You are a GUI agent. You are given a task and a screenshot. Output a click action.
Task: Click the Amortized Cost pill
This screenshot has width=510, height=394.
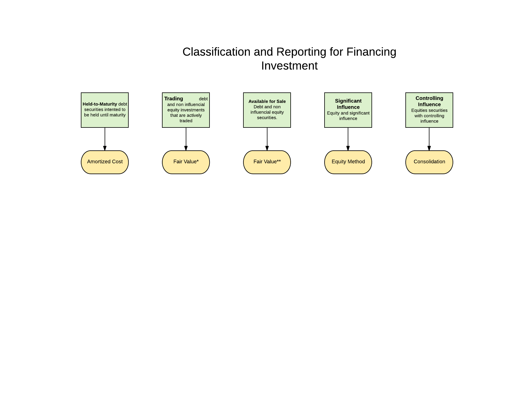[x=105, y=162]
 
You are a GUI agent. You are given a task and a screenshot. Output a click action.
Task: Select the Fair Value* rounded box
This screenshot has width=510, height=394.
[x=186, y=162]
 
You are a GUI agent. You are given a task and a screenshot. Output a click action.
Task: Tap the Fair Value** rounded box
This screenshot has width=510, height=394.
[x=267, y=162]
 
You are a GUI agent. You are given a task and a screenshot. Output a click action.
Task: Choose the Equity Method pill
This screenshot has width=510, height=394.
[x=348, y=162]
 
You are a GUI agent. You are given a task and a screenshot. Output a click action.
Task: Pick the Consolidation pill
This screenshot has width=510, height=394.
[x=429, y=162]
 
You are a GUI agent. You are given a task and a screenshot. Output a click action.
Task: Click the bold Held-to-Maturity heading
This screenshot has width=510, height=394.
[x=100, y=104]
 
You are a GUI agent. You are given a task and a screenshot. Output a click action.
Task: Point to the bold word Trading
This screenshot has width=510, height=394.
[x=174, y=99]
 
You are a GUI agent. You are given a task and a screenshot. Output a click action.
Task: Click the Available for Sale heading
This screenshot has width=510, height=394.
[x=267, y=101]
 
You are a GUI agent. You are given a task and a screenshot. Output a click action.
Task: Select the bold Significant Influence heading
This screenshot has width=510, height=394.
[x=348, y=104]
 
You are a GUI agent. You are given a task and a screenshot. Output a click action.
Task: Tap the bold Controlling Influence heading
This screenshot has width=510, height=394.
[x=429, y=101]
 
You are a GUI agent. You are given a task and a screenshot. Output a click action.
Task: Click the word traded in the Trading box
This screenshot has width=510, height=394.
[x=186, y=121]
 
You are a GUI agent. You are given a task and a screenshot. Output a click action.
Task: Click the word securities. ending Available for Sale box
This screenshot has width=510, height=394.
[x=267, y=118]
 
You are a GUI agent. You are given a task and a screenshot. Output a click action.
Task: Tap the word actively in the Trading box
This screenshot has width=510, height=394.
[x=194, y=115]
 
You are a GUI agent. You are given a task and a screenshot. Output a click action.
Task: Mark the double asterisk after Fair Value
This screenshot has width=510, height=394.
[x=279, y=161]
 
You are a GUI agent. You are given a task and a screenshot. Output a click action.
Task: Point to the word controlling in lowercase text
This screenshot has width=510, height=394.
[x=433, y=116]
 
